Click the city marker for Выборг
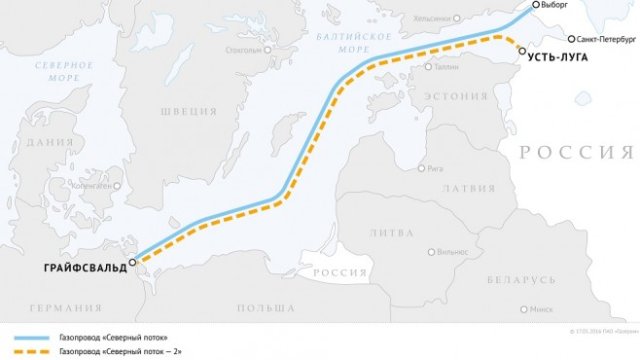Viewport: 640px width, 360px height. [x=535, y=5]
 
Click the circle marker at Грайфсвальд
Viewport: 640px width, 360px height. [x=133, y=261]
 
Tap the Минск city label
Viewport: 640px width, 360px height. [x=541, y=309]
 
